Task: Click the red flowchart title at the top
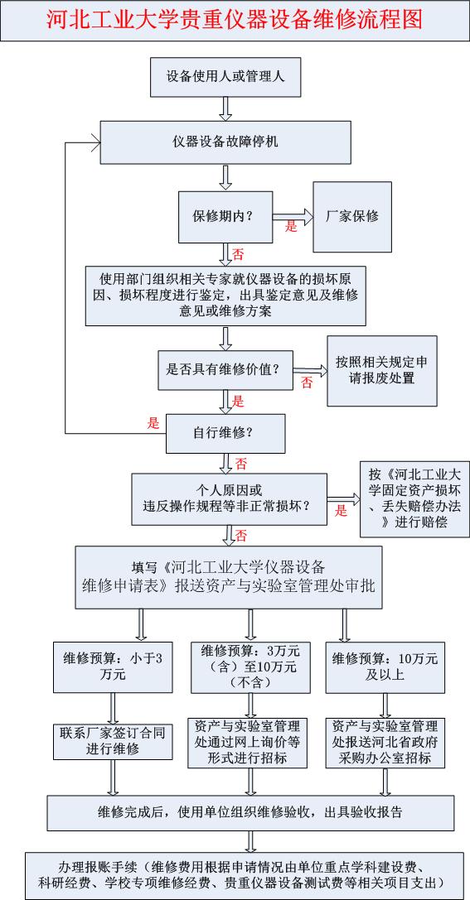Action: pos(235,20)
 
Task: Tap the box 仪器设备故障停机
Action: pos(225,142)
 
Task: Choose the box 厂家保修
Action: pos(352,216)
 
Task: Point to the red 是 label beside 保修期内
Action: pos(291,227)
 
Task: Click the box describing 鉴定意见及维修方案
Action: pos(225,296)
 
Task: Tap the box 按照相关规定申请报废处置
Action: pos(382,371)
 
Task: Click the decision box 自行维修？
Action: pos(225,433)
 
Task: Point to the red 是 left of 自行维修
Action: pos(153,424)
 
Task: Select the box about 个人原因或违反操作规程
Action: pos(230,498)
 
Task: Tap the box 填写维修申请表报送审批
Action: pos(229,576)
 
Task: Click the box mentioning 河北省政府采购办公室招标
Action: pos(385,741)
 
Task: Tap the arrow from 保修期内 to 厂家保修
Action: pos(293,217)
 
